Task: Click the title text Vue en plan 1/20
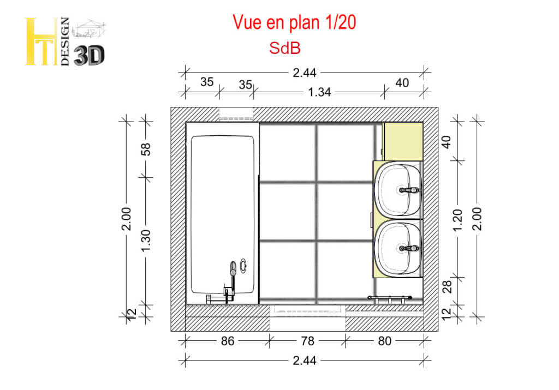pos(294,22)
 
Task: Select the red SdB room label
pos(285,48)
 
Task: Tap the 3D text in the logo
pos(89,56)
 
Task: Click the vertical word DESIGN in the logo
pos(65,41)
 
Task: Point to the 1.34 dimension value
pos(319,92)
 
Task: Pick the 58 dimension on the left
pos(146,149)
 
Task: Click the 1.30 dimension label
pos(146,241)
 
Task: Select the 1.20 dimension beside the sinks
pos(457,220)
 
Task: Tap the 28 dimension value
pos(447,287)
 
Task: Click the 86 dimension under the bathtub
pos(228,341)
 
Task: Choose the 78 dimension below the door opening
pos(307,341)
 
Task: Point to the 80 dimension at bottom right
pos(385,341)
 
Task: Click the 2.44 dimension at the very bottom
pos(305,361)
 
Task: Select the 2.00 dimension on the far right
pos(477,219)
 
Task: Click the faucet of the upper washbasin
pos(408,190)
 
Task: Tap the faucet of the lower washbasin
pos(408,248)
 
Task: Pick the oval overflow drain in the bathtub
pos(243,266)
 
